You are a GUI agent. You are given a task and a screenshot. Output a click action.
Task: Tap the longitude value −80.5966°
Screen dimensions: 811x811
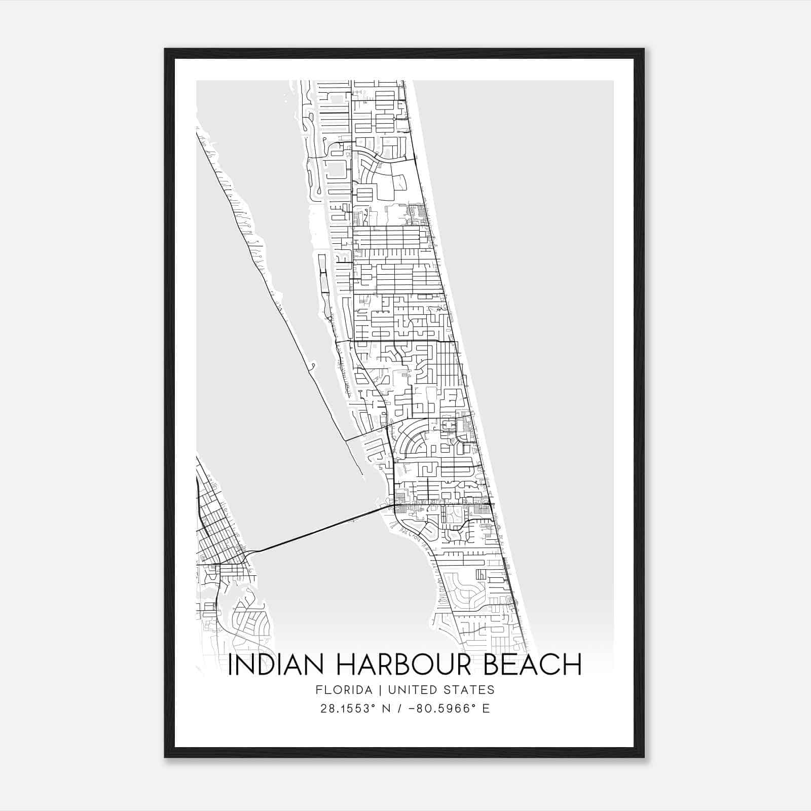(x=440, y=709)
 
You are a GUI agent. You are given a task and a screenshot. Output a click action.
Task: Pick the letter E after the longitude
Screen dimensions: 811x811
(x=486, y=709)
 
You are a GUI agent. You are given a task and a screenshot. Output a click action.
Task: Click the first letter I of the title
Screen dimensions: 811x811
(x=231, y=665)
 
